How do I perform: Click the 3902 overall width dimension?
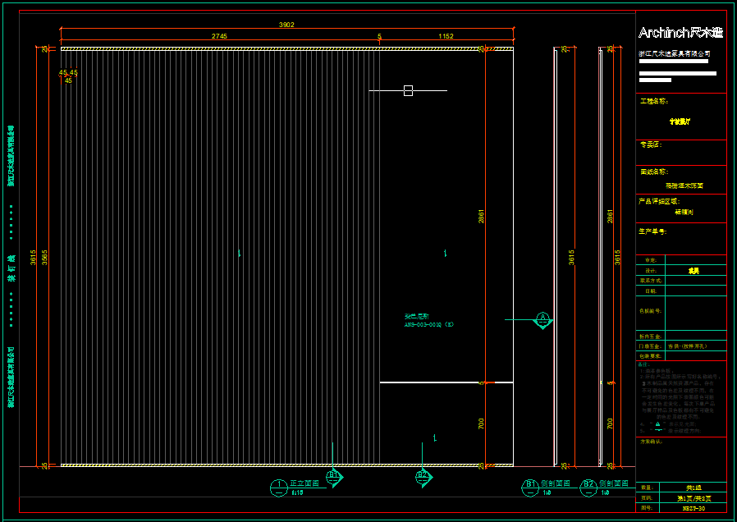pos(286,25)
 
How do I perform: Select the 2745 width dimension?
pos(219,36)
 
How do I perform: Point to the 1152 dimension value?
pos(446,36)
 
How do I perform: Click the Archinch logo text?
pos(680,33)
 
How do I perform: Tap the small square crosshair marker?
pos(408,90)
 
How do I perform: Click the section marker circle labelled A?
pos(542,318)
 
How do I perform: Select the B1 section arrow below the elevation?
pos(334,475)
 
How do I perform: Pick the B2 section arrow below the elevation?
pos(423,475)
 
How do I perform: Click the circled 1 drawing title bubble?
pos(279,486)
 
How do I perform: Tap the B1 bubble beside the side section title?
pos(531,486)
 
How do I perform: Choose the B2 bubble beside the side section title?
pos(588,486)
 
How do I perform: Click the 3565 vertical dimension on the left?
pos(46,256)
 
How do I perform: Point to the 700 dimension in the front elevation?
pos(482,424)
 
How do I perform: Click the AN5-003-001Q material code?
pos(428,324)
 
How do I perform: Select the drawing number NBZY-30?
pos(694,509)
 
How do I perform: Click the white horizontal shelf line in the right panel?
pos(446,382)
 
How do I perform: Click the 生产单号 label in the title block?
pos(653,231)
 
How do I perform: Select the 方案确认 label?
pos(651,442)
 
